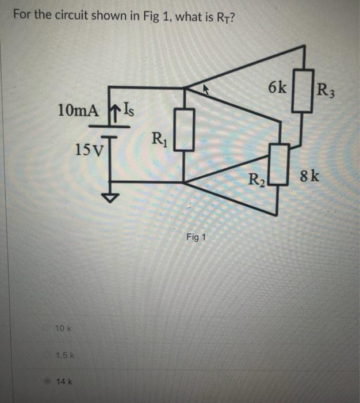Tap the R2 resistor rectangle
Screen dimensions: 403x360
279,165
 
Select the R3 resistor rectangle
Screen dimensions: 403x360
302,90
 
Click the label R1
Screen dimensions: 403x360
159,139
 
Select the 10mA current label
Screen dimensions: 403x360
78,109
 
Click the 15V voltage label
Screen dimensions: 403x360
87,150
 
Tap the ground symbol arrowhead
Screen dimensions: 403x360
109,197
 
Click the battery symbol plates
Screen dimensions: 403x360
108,134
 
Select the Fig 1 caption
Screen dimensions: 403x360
196,237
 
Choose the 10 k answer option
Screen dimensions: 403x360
62,328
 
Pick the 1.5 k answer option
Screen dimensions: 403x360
63,355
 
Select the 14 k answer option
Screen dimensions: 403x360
63,381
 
